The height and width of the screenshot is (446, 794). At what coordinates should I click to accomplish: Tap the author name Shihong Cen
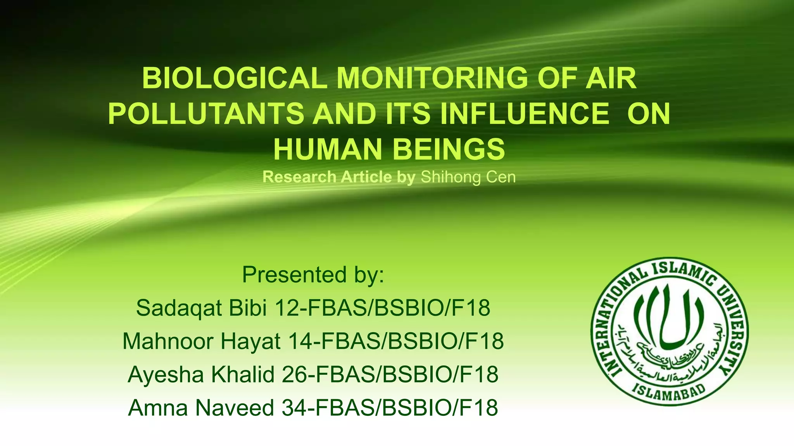point(468,177)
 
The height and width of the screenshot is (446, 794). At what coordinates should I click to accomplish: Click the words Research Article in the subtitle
point(327,177)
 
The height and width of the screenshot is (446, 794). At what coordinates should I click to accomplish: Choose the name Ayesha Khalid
point(200,374)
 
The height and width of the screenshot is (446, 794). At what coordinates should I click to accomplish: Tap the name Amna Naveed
point(201,408)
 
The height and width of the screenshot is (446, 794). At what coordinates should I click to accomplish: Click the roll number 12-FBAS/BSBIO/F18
point(382,308)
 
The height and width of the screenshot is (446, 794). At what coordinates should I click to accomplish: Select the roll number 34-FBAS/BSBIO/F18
point(390,408)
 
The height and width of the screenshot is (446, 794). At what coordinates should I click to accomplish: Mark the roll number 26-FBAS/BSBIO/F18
point(390,374)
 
